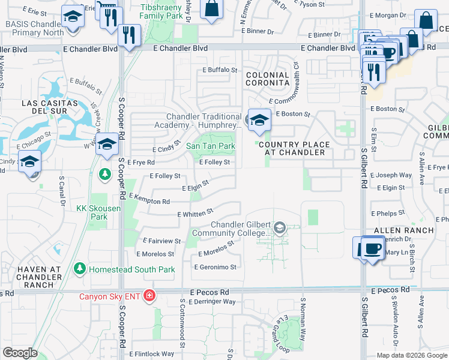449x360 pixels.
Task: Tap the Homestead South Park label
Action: pyautogui.click(x=132, y=269)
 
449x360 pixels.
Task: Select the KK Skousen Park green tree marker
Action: pyautogui.click(x=105, y=174)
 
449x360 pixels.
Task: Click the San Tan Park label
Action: pyautogui.click(x=210, y=146)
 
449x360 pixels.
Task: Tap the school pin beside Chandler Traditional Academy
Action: pyautogui.click(x=259, y=120)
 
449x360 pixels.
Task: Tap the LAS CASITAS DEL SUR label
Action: pyautogui.click(x=50, y=107)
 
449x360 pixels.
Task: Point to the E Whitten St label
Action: pyautogui.click(x=196, y=213)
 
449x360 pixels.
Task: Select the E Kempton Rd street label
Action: pyautogui.click(x=145, y=199)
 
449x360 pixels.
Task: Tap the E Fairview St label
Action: pyautogui.click(x=162, y=241)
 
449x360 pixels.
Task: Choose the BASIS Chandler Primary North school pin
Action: pyautogui.click(x=73, y=16)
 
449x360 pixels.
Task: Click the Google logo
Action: pyautogui.click(x=20, y=353)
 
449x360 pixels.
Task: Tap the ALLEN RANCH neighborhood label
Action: pyautogui.click(x=403, y=230)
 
